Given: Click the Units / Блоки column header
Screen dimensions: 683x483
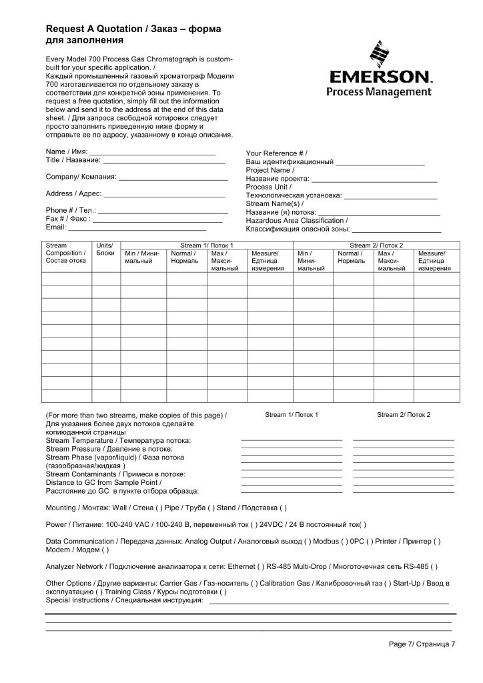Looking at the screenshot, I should (x=105, y=249).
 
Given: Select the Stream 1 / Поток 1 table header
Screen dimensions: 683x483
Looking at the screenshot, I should (x=207, y=245).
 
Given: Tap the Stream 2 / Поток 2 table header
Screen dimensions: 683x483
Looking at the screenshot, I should (x=376, y=245).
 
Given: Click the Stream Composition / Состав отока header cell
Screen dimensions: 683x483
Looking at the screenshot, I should (x=66, y=253).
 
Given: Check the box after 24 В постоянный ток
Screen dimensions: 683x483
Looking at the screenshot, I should (x=362, y=524).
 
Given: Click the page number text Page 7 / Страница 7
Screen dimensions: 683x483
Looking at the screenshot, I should (x=422, y=644).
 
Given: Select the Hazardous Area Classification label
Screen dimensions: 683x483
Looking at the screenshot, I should (x=296, y=220).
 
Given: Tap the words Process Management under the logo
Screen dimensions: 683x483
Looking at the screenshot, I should (x=378, y=91).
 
